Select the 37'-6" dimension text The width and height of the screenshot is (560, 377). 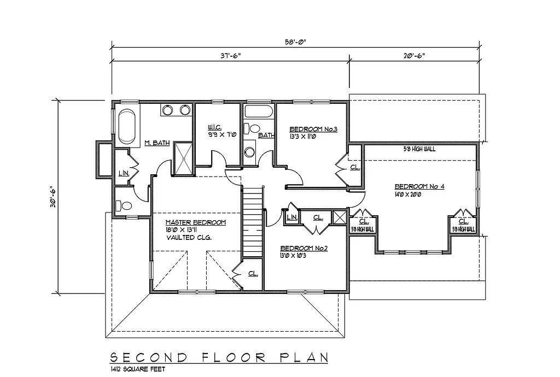pos(230,55)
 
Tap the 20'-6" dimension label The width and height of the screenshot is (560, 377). pos(413,55)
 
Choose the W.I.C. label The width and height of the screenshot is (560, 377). pos(214,129)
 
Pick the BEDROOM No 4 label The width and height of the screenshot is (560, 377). pos(419,186)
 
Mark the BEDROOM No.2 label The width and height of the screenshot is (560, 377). pos(304,248)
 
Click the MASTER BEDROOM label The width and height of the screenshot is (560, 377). pos(196,222)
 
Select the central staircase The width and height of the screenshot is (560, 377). pos(253,221)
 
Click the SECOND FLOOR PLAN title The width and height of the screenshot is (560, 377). pos(219,357)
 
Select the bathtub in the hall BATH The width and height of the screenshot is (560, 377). pos(259,112)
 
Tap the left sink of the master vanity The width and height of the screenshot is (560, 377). pos(169,110)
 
